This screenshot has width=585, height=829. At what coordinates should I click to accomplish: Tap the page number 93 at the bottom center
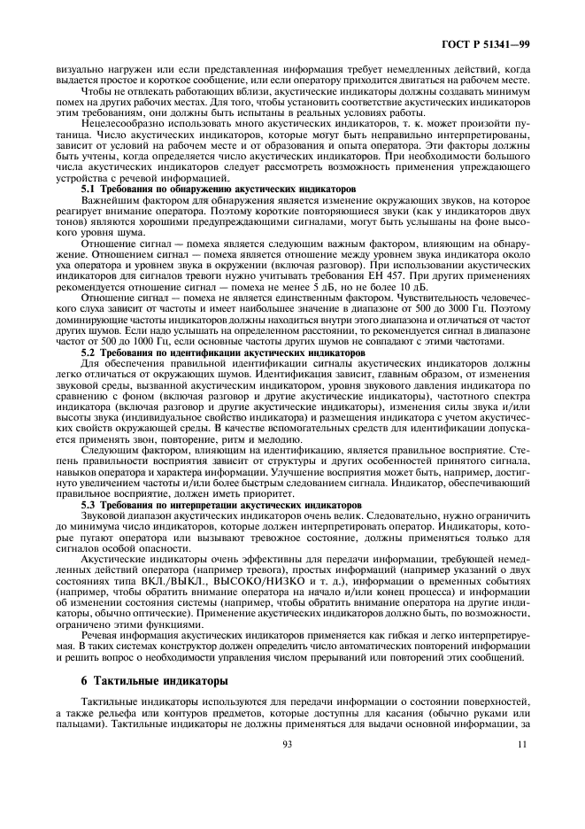click(288, 744)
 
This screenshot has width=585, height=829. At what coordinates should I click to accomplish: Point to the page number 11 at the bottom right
click(523, 744)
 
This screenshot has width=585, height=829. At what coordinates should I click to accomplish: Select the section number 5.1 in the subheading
click(90, 189)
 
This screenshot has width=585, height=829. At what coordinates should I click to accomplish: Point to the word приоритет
click(264, 492)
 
